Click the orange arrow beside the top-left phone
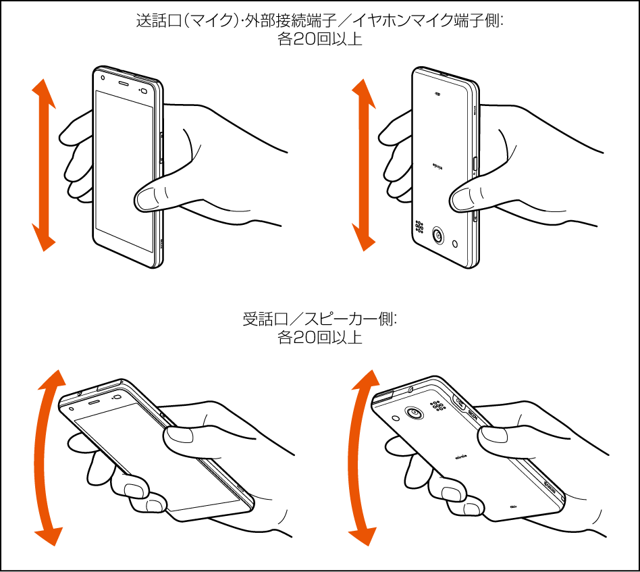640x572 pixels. [44, 165]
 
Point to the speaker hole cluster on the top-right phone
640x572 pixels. [419, 227]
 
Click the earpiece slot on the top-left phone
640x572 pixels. [124, 84]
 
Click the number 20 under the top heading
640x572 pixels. [303, 39]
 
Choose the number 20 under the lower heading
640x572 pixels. [303, 338]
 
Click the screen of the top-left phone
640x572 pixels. [124, 172]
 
